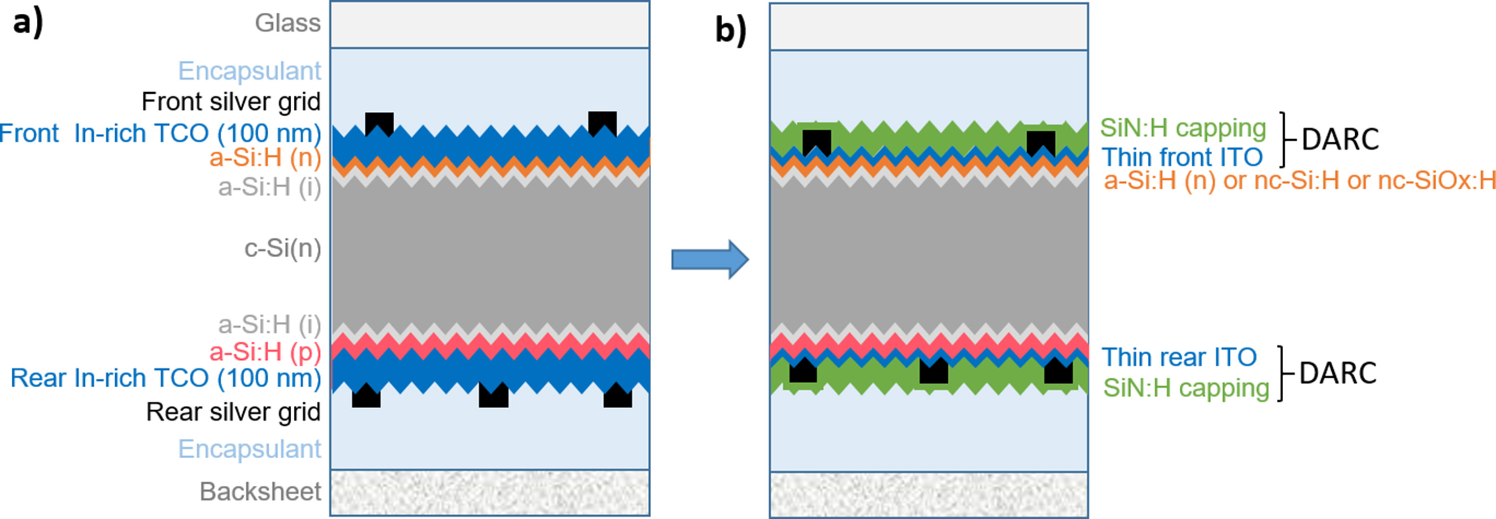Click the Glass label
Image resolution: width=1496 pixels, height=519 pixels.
tap(287, 23)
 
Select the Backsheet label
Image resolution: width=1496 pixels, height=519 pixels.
tap(260, 492)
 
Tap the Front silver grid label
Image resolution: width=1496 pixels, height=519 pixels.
tap(230, 101)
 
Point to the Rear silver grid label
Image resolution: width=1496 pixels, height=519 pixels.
tap(233, 412)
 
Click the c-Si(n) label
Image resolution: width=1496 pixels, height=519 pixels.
tap(282, 248)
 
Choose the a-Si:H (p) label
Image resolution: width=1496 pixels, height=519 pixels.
tap(265, 352)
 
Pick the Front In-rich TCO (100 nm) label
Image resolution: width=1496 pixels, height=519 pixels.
tap(160, 133)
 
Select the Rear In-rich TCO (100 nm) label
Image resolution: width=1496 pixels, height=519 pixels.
tap(166, 378)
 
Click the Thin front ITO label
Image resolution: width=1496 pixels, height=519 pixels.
tap(1182, 157)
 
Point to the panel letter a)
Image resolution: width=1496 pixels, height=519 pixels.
tap(28, 25)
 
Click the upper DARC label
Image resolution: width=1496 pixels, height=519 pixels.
tap(1340, 140)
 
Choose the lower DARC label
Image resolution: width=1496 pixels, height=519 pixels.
tap(1338, 373)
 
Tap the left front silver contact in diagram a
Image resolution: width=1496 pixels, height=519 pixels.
tap(379, 124)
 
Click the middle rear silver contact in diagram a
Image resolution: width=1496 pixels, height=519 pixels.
tap(493, 396)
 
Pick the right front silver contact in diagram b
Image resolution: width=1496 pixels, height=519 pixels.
tap(1040, 142)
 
